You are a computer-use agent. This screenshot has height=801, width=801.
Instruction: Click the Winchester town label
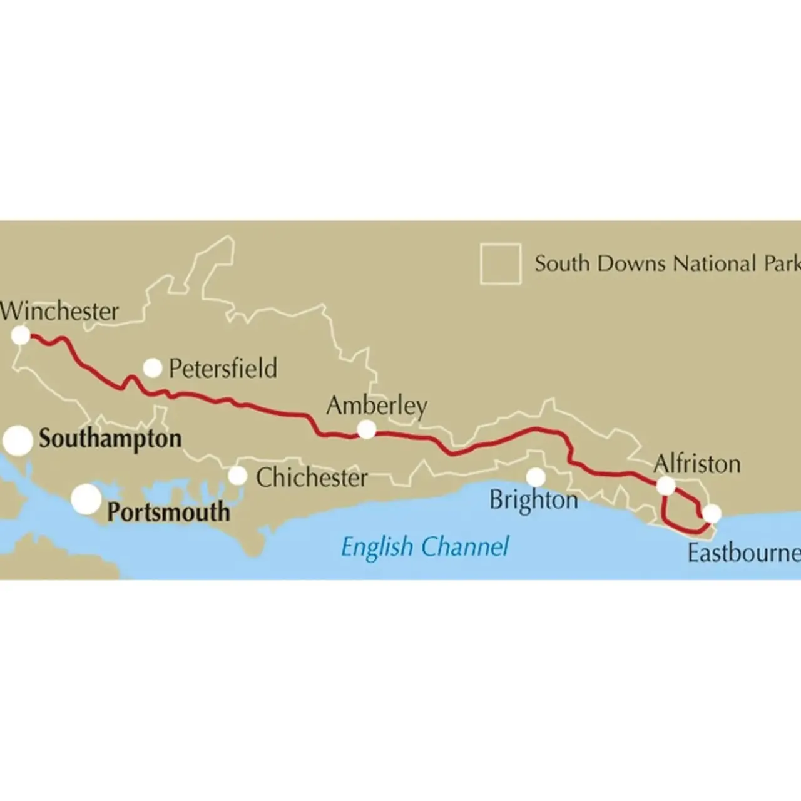pyautogui.click(x=59, y=311)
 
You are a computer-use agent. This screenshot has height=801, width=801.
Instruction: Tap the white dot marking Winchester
pyautogui.click(x=21, y=335)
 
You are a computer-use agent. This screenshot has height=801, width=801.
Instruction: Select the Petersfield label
pyautogui.click(x=223, y=368)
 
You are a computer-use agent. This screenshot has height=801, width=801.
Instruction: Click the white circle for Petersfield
pyautogui.click(x=153, y=368)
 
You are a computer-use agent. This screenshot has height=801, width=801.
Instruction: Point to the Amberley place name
pyautogui.click(x=377, y=406)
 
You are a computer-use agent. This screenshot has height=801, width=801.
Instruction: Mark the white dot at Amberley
pyautogui.click(x=366, y=429)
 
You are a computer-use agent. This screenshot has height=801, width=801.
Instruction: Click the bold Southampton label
pyautogui.click(x=110, y=439)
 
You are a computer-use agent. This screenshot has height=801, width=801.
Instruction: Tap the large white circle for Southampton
pyautogui.click(x=18, y=441)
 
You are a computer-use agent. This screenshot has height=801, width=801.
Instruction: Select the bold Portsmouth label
pyautogui.click(x=168, y=512)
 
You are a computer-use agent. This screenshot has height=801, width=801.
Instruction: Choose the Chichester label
pyautogui.click(x=312, y=477)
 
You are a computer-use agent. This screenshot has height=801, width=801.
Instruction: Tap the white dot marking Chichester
pyautogui.click(x=237, y=476)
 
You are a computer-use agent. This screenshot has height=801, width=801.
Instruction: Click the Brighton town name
pyautogui.click(x=533, y=500)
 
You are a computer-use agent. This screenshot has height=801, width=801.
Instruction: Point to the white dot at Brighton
pyautogui.click(x=535, y=477)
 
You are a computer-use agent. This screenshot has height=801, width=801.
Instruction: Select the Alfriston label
pyautogui.click(x=696, y=464)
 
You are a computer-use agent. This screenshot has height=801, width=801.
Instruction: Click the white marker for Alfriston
pyautogui.click(x=666, y=485)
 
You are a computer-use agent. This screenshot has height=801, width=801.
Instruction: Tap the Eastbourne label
pyautogui.click(x=743, y=553)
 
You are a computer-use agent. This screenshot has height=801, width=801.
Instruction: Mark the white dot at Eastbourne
pyautogui.click(x=712, y=514)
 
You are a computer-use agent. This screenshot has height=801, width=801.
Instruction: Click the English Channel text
pyautogui.click(x=425, y=547)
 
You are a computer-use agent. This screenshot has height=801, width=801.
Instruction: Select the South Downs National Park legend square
pyautogui.click(x=501, y=263)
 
